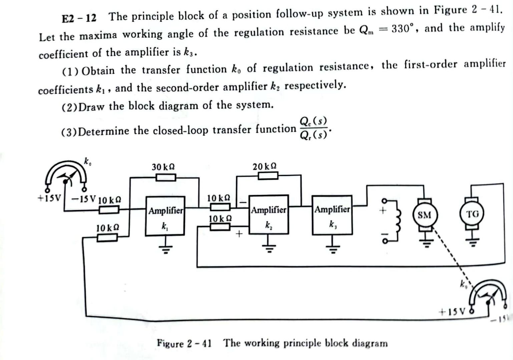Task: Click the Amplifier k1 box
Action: click(165, 216)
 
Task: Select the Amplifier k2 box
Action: click(269, 215)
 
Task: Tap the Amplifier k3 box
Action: click(332, 215)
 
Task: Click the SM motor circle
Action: click(424, 215)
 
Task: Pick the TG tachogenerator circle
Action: click(472, 214)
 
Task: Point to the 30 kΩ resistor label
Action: click(163, 167)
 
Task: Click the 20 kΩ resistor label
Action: click(265, 166)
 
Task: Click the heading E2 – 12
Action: click(79, 18)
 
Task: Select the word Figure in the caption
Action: click(170, 343)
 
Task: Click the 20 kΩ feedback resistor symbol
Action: click(268, 175)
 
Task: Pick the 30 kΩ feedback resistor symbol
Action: click(166, 177)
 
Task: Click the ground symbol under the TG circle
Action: click(472, 241)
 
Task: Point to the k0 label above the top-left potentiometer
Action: click(87, 162)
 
